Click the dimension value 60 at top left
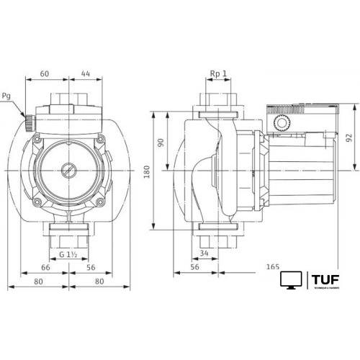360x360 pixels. pyautogui.click(x=45, y=73)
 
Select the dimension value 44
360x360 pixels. pyautogui.click(x=86, y=73)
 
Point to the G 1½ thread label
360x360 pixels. pyautogui.click(x=69, y=255)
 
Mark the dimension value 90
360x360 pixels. pyautogui.click(x=161, y=143)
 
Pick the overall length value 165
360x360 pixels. pyautogui.click(x=273, y=267)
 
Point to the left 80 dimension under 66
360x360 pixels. pyautogui.click(x=37, y=282)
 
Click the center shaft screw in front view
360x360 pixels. pyautogui.click(x=68, y=172)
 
